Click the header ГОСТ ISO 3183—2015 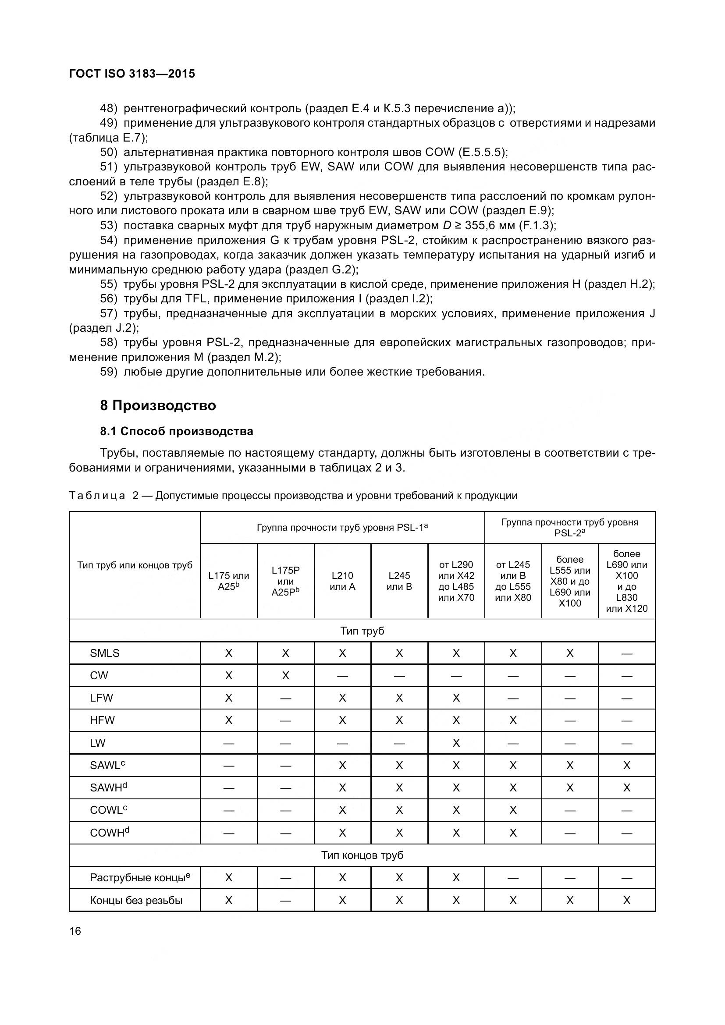[132, 74]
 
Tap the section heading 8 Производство [158, 405]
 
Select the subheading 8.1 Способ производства [177, 431]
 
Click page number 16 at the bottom [75, 931]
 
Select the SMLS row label [105, 653]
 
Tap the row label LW [98, 743]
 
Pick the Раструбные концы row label [140, 878]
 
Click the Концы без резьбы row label [136, 901]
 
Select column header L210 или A [342, 581]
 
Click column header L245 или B [399, 581]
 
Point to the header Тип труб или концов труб [135, 565]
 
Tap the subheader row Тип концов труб [362, 855]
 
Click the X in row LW [456, 743]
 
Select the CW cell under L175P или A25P [286, 675]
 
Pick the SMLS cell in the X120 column [626, 653]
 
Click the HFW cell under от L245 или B [513, 720]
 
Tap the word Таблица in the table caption [97, 496]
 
